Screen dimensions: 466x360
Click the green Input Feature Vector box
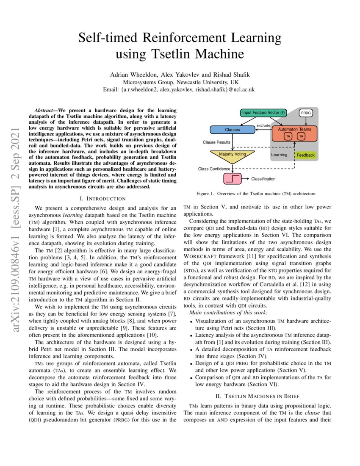point(263,113)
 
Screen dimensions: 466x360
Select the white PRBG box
point(305,113)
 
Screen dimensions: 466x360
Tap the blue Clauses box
point(232,130)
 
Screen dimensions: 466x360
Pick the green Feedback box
point(305,155)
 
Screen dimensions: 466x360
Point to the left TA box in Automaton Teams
point(288,136)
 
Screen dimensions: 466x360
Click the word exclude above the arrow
point(263,125)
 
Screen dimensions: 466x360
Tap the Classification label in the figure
point(263,179)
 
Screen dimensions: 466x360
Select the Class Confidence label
point(213,169)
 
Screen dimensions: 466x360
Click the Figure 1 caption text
point(256,194)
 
